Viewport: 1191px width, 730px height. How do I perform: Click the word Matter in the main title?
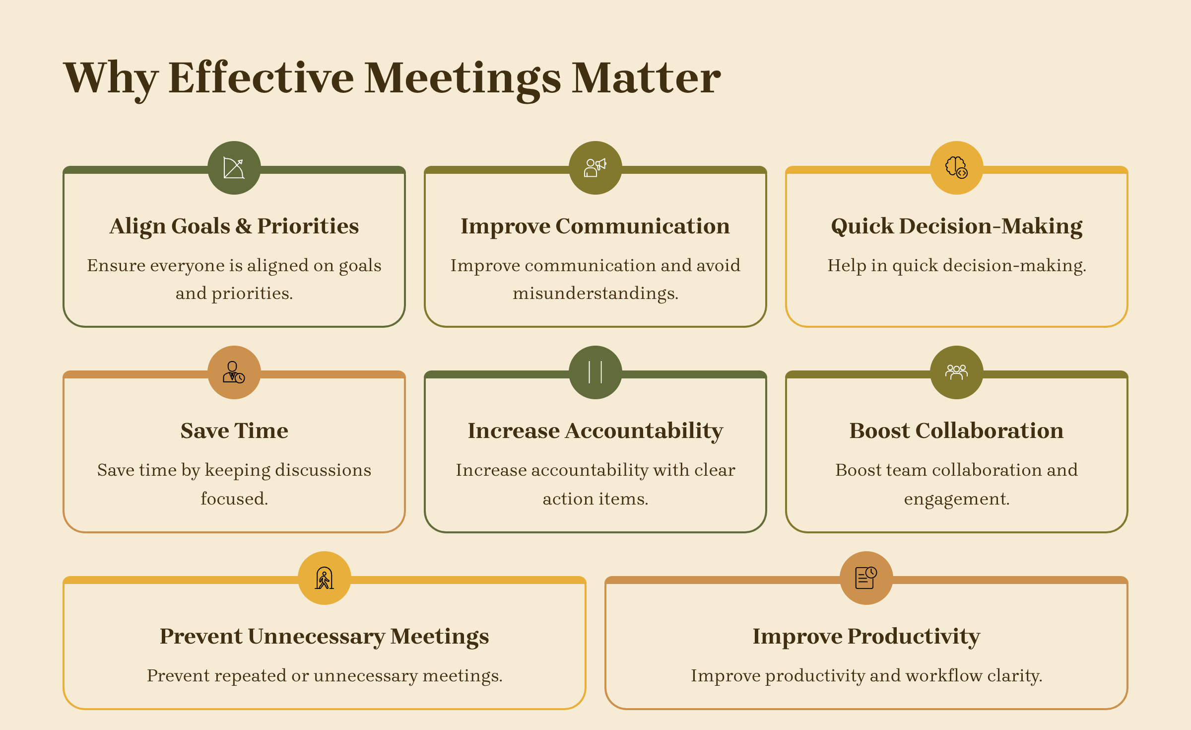pyautogui.click(x=646, y=78)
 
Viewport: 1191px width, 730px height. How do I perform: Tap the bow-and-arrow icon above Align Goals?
pyautogui.click(x=234, y=168)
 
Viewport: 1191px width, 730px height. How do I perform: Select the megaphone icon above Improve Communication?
pyautogui.click(x=595, y=168)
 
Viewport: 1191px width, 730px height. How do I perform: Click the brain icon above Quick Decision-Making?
pyautogui.click(x=956, y=168)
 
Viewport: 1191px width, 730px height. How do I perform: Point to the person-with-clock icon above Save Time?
pyautogui.click(x=234, y=372)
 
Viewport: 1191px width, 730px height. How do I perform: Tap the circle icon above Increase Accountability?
pyautogui.click(x=595, y=372)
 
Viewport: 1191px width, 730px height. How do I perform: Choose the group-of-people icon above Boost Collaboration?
pyautogui.click(x=956, y=372)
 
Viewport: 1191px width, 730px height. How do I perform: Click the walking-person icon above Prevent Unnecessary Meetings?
pyautogui.click(x=325, y=578)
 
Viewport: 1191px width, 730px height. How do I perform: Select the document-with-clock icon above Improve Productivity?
pyautogui.click(x=866, y=578)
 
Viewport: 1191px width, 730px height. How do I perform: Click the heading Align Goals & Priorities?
pyautogui.click(x=234, y=226)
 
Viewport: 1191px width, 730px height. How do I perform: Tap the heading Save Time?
pyautogui.click(x=234, y=431)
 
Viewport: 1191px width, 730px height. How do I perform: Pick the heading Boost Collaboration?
pyautogui.click(x=956, y=431)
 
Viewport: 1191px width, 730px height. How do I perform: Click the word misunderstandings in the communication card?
pyautogui.click(x=595, y=293)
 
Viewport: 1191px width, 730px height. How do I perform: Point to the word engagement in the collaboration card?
pyautogui.click(x=957, y=499)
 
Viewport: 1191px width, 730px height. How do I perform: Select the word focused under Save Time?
pyautogui.click(x=234, y=499)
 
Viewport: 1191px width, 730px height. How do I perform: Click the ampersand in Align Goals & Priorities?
pyautogui.click(x=244, y=226)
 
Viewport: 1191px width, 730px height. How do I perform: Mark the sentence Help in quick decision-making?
pyautogui.click(x=957, y=266)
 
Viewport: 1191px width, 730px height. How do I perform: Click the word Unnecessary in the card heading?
pyautogui.click(x=317, y=637)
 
